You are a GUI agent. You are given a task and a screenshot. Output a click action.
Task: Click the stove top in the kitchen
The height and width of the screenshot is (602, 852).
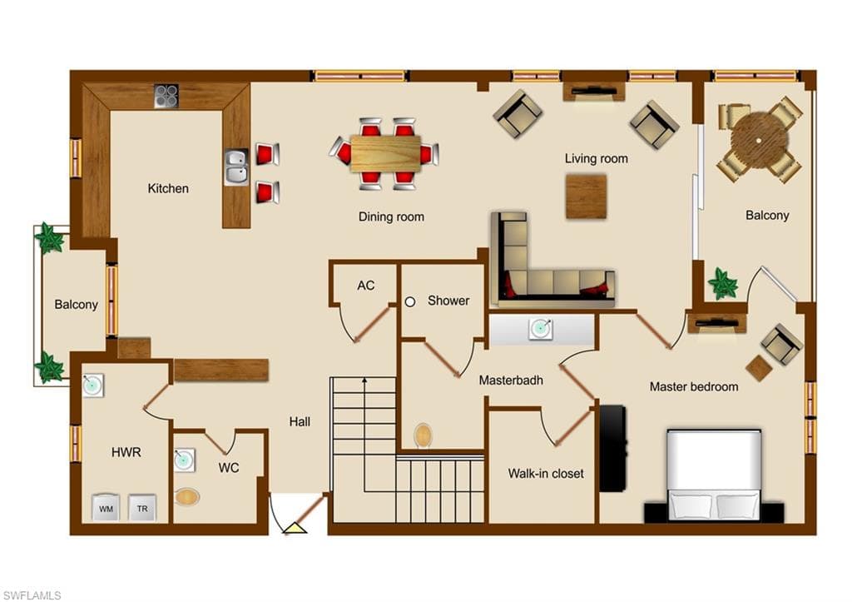click(166, 96)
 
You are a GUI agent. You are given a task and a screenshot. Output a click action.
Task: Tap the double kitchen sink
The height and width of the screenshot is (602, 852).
click(236, 167)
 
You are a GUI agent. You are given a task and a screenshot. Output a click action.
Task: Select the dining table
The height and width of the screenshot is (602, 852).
click(385, 154)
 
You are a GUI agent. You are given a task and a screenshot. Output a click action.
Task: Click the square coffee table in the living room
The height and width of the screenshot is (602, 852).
click(586, 197)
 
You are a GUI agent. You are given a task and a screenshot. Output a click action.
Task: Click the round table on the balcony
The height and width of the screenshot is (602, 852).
click(759, 141)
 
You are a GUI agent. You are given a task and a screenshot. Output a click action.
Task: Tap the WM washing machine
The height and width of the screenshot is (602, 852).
click(106, 508)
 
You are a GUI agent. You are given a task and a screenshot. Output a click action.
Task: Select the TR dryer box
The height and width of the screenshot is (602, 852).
click(142, 508)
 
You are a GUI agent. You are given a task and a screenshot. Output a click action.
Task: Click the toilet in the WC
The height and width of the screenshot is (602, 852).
click(187, 496)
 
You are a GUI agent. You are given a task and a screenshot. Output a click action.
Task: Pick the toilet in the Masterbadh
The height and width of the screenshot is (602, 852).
click(423, 435)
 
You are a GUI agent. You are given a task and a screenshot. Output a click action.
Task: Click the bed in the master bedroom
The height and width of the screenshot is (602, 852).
click(713, 475)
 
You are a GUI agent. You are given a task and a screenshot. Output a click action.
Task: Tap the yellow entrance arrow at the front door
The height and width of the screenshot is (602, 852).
click(295, 528)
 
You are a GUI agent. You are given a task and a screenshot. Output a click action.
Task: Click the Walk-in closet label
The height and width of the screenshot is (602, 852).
click(546, 474)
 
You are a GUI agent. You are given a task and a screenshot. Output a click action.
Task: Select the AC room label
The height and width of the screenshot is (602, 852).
click(366, 286)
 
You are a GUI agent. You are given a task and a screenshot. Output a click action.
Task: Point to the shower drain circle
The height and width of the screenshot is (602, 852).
click(410, 301)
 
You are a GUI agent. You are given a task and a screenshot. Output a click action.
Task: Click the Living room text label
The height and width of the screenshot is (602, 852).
click(596, 159)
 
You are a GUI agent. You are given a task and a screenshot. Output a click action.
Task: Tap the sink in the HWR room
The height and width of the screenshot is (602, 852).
click(92, 386)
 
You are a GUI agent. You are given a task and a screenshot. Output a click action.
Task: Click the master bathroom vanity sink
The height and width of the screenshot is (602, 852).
click(541, 329)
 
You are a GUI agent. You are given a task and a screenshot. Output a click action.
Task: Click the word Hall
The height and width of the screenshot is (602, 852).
click(300, 421)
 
